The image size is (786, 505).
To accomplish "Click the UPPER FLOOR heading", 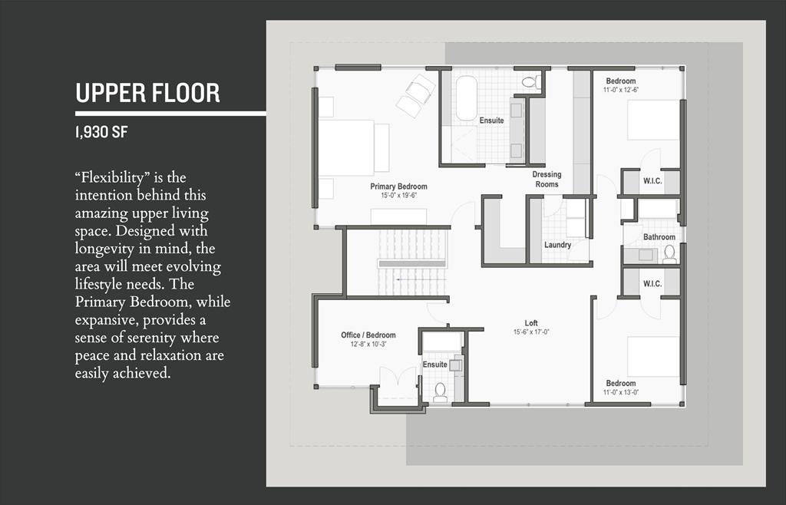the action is (147, 93).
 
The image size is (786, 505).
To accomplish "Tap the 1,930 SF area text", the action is (101, 132).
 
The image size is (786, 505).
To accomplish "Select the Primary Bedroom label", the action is (398, 186).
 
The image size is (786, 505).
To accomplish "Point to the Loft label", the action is (531, 323).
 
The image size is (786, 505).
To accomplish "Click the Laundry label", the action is (557, 245).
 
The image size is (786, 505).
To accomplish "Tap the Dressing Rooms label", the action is (547, 180).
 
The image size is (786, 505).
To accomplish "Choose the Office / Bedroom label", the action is (368, 335).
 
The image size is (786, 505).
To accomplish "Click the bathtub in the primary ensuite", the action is (466, 98).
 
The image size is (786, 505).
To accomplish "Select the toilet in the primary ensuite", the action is (531, 81).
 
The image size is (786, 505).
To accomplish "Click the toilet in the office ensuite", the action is (440, 392).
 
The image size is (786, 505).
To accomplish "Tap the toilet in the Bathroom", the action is (669, 255).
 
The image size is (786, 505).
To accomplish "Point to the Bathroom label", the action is (659, 237).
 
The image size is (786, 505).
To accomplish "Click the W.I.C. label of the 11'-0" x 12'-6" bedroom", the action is (652, 181).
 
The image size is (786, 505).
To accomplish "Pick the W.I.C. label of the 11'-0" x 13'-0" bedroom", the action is (652, 283).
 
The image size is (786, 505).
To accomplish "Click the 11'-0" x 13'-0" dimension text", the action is (621, 392).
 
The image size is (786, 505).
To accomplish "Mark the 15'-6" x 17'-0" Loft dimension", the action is (531, 332).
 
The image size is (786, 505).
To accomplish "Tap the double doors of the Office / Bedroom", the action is (398, 377).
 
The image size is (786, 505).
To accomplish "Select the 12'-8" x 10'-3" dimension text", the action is (368, 344).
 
